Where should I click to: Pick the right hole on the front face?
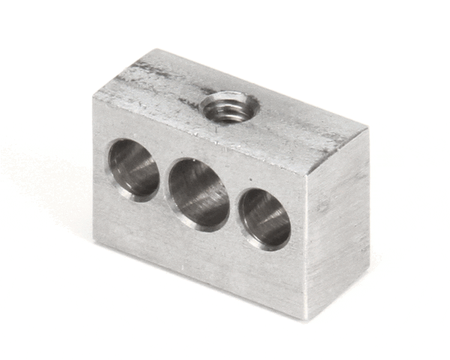[265, 218]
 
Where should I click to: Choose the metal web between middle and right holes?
[234, 207]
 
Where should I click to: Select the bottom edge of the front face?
[199, 280]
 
